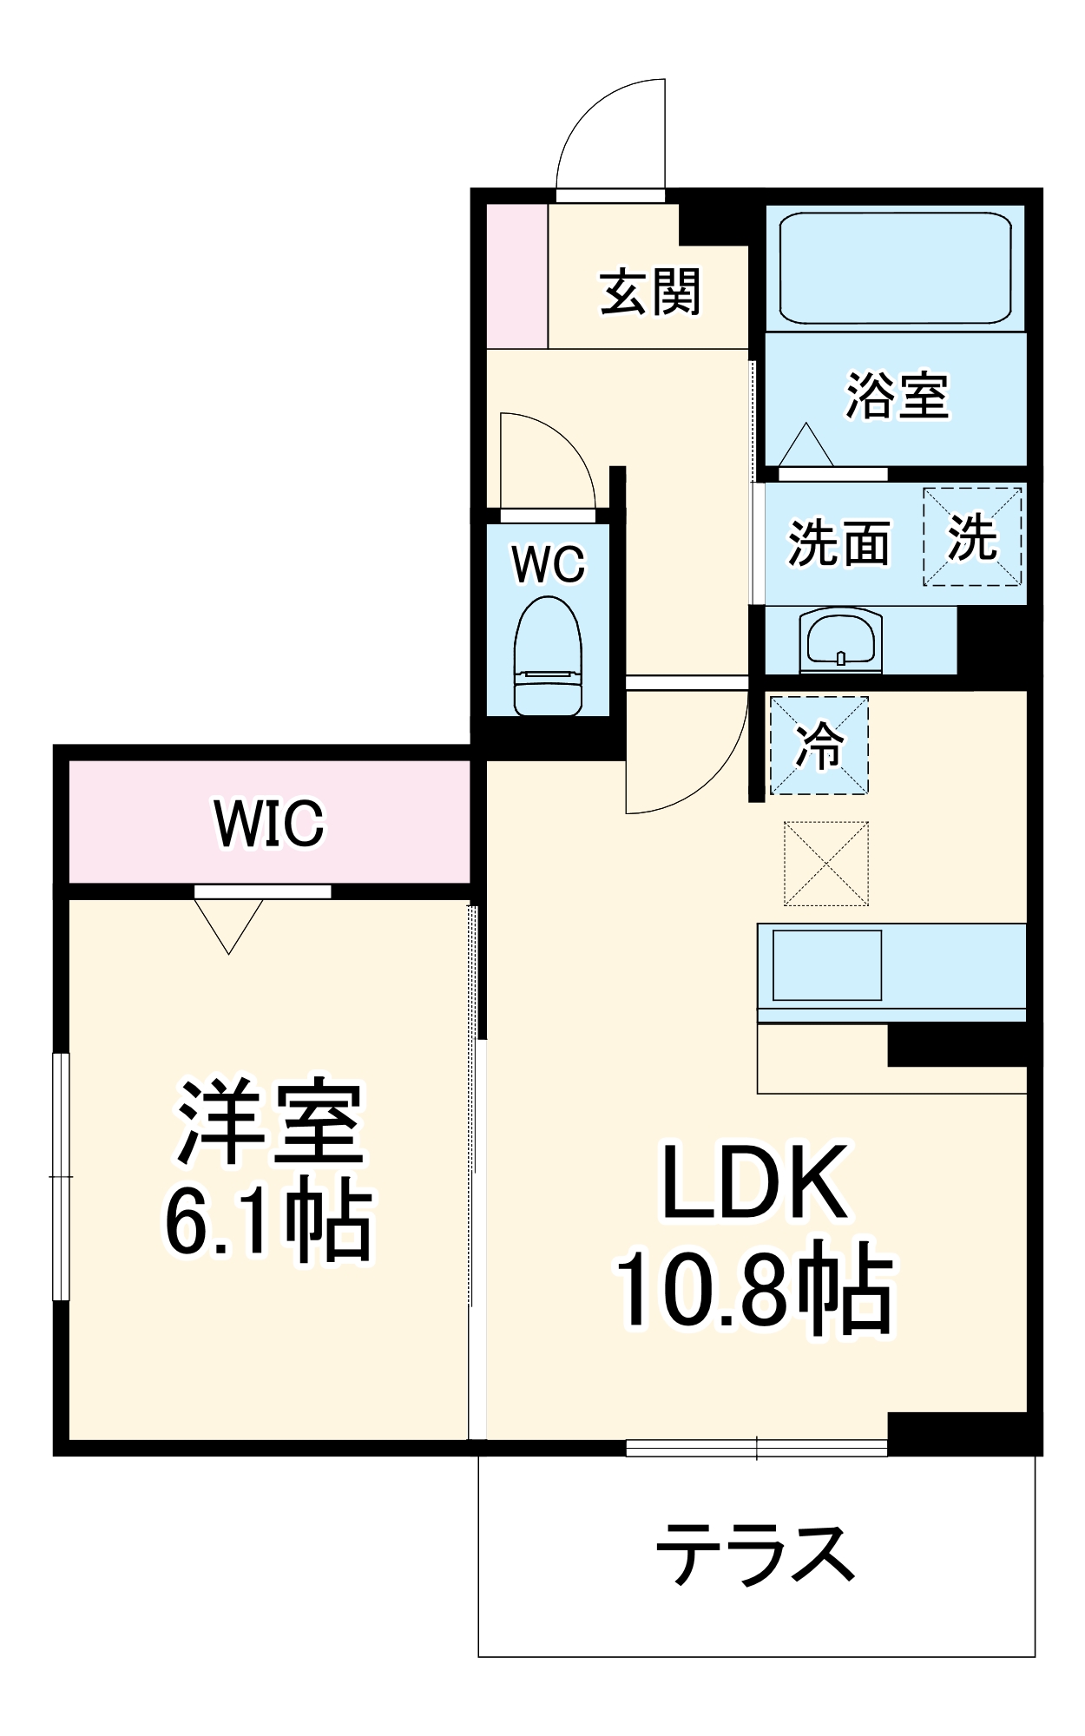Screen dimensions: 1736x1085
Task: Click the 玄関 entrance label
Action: tap(650, 293)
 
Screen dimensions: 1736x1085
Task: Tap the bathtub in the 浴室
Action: tap(895, 267)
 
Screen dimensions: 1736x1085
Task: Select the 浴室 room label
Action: tap(898, 396)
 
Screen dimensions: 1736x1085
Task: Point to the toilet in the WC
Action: tap(548, 656)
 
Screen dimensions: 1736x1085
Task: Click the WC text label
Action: tap(549, 564)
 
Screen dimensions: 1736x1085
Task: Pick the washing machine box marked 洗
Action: tap(971, 536)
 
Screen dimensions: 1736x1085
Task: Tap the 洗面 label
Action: tap(838, 544)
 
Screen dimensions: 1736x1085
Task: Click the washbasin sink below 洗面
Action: tap(840, 641)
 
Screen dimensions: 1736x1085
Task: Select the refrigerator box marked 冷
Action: tap(819, 745)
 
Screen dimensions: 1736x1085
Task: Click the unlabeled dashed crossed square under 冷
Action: tap(825, 863)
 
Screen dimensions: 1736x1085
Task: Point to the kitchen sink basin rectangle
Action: tap(826, 965)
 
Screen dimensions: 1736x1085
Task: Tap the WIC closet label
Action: tap(269, 822)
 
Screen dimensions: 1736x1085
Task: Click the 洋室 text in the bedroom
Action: tap(270, 1121)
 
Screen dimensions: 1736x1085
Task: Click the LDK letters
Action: tap(754, 1184)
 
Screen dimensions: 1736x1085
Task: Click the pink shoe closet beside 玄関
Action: tap(516, 276)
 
